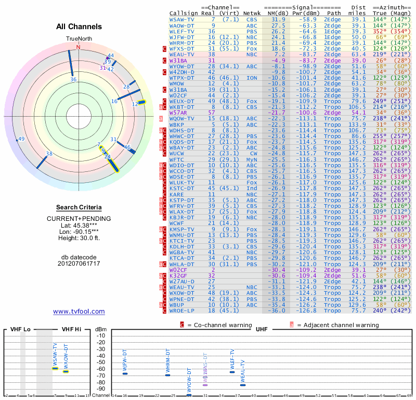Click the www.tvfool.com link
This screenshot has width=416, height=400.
click(x=79, y=311)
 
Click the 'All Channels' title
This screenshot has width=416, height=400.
click(x=79, y=27)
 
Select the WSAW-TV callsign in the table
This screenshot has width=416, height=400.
click(x=183, y=19)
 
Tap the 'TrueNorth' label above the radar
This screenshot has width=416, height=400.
click(x=79, y=39)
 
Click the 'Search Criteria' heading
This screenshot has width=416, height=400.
click(x=79, y=207)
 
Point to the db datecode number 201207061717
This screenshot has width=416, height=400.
click(x=79, y=264)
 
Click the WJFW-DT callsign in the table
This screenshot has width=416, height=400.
click(x=183, y=37)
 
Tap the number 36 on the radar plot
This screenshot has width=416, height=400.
click(x=73, y=80)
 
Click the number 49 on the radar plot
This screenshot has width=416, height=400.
click(x=21, y=139)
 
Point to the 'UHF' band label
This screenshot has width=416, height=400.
click(x=261, y=330)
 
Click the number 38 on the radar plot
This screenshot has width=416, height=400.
click(x=49, y=154)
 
